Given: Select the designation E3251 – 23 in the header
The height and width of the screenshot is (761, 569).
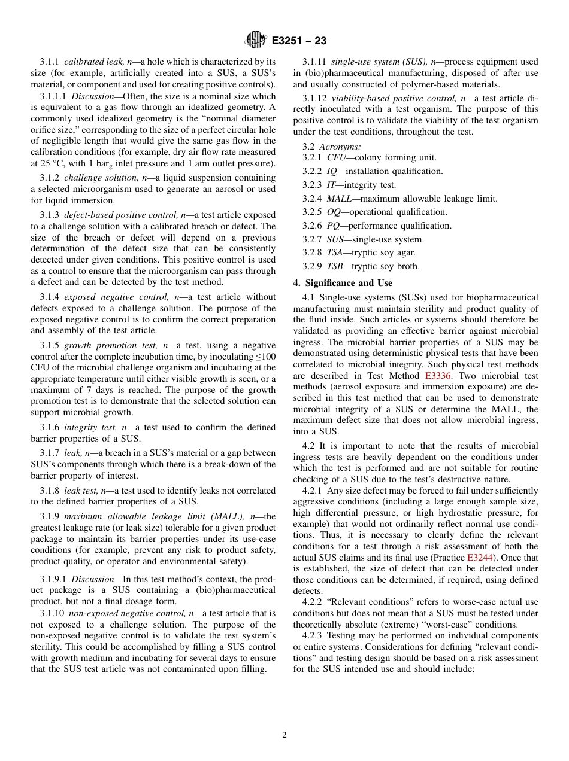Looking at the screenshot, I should click(x=299, y=41).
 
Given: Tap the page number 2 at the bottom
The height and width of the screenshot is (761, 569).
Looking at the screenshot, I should click(x=284, y=735).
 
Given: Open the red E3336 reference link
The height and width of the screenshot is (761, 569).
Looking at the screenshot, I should click(x=437, y=376).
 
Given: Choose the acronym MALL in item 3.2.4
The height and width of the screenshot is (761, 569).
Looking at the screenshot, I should click(x=339, y=199).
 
